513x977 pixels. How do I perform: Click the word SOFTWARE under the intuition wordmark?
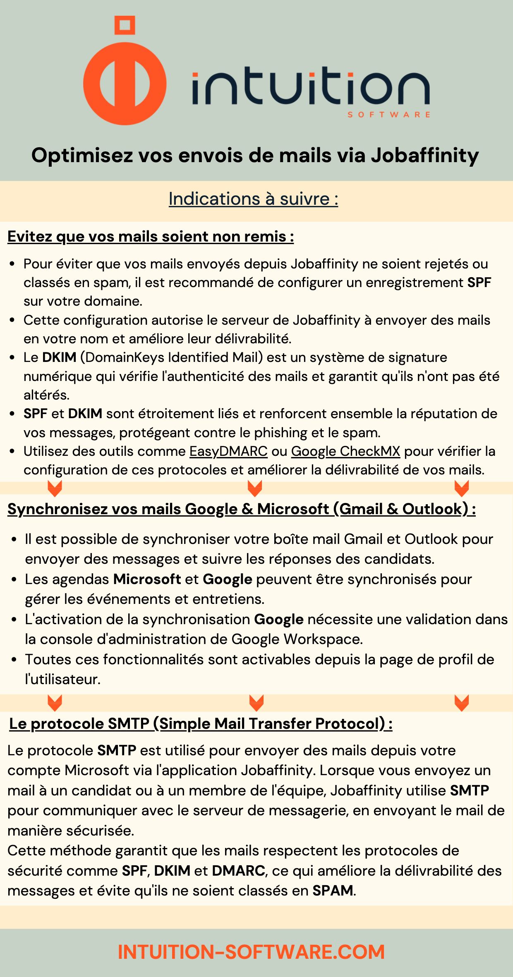tap(388, 115)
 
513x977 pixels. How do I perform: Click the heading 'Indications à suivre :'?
tap(253, 199)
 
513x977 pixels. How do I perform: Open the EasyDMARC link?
tap(228, 451)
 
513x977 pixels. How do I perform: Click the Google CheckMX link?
tap(345, 451)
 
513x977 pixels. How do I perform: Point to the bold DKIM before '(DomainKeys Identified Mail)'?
tap(59, 357)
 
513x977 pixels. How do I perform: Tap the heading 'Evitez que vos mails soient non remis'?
tap(151, 237)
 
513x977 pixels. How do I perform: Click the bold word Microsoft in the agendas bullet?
tap(147, 579)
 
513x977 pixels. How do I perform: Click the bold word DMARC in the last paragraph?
tap(238, 871)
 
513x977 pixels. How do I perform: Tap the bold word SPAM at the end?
tap(333, 891)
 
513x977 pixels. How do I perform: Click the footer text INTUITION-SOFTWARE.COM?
tap(251, 952)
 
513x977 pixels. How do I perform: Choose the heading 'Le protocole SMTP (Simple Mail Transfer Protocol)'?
tap(201, 723)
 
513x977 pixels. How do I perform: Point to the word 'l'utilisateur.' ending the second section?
tap(63, 679)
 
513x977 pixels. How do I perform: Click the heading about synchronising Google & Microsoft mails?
tap(241, 509)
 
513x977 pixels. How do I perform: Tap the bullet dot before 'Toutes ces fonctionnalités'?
tap(14, 660)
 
